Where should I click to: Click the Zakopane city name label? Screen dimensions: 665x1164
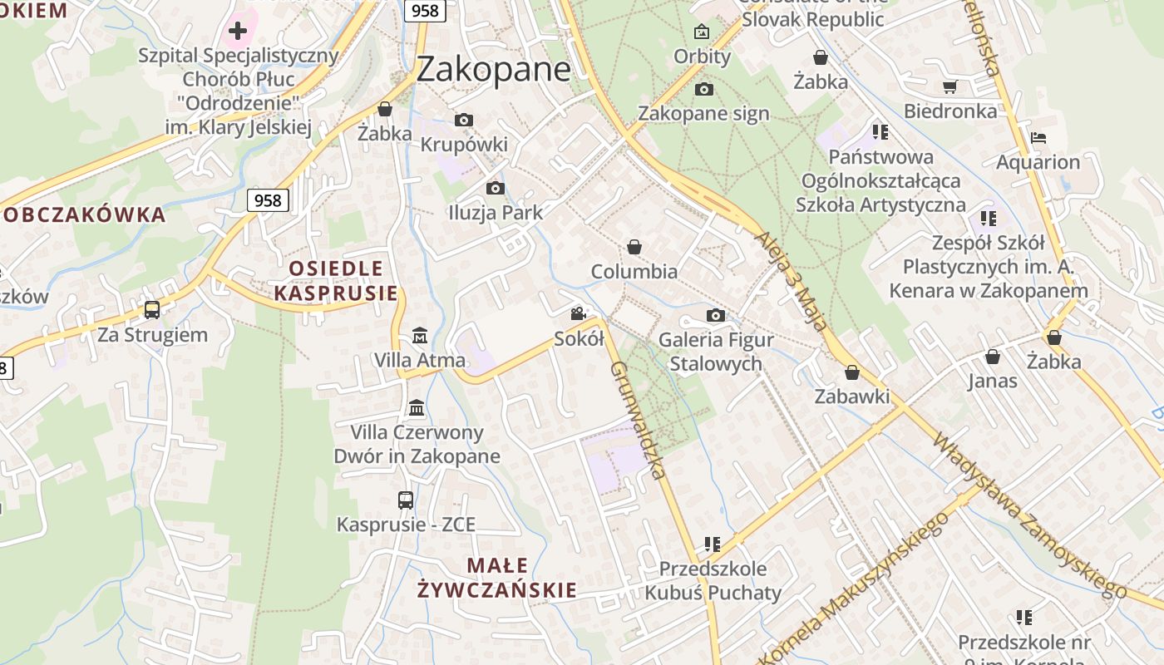click(x=493, y=69)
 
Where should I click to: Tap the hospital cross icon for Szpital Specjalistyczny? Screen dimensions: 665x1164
click(x=238, y=32)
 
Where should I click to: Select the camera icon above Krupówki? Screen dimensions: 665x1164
click(x=464, y=121)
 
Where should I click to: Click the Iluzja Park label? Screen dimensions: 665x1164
click(x=496, y=213)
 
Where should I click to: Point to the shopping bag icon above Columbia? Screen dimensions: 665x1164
click(x=634, y=247)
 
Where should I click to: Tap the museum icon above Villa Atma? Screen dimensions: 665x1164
click(x=420, y=336)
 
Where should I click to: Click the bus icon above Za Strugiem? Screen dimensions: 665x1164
click(x=152, y=310)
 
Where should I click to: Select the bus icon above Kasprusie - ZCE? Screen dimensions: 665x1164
click(x=406, y=500)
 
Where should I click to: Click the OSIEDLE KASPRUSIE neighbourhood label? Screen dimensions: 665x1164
click(x=336, y=280)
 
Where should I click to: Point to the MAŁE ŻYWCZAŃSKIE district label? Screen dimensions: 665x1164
click(x=497, y=579)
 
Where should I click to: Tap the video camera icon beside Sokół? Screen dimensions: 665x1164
click(x=579, y=314)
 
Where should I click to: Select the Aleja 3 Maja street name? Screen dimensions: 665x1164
click(x=792, y=281)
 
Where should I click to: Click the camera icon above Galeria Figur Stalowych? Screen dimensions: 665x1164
click(x=715, y=315)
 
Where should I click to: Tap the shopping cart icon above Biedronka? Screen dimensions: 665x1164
click(x=950, y=86)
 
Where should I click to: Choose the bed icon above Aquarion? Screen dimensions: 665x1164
click(x=1038, y=138)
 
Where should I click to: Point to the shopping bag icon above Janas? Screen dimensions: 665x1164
click(x=992, y=357)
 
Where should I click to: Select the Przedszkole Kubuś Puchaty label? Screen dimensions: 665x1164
click(x=713, y=581)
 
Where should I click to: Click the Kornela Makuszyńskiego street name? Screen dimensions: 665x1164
click(x=856, y=586)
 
